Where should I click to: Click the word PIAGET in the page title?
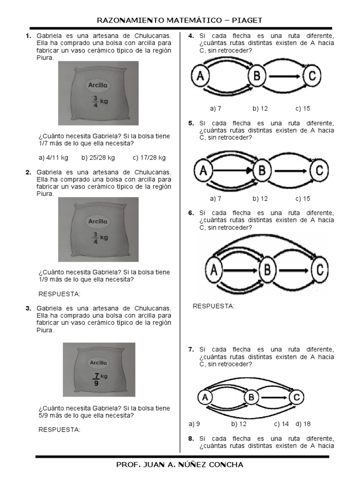[247, 21]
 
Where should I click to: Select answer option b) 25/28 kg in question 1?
[98, 157]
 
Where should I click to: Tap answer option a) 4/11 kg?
[53, 157]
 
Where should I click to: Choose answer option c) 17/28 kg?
[149, 157]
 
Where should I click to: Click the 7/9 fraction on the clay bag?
[97, 379]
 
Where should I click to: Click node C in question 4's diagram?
[312, 75]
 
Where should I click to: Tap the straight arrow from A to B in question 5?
[232, 171]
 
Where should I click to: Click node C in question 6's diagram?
[320, 270]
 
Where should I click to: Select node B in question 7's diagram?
[251, 397]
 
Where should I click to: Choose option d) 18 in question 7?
[303, 424]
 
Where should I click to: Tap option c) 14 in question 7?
[281, 424]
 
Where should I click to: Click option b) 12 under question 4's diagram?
[260, 109]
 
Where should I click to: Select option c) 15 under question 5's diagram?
[303, 199]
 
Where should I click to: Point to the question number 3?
[29, 308]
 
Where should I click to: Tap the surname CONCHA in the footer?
[226, 465]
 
